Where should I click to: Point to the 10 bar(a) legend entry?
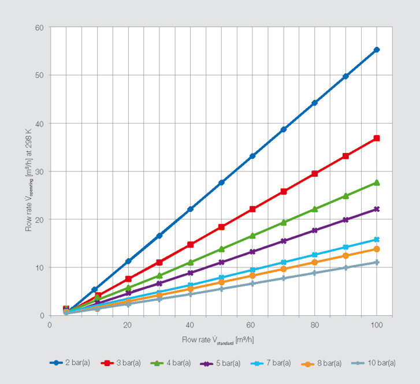click(x=376, y=363)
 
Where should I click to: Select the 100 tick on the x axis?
click(x=376, y=325)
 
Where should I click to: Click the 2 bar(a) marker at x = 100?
click(x=377, y=50)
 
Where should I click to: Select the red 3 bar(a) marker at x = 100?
click(x=377, y=138)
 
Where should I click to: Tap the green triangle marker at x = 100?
click(x=377, y=182)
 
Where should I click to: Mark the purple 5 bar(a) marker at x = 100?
click(x=377, y=209)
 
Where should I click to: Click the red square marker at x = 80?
click(x=315, y=173)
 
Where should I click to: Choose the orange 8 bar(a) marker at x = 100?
click(x=377, y=249)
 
